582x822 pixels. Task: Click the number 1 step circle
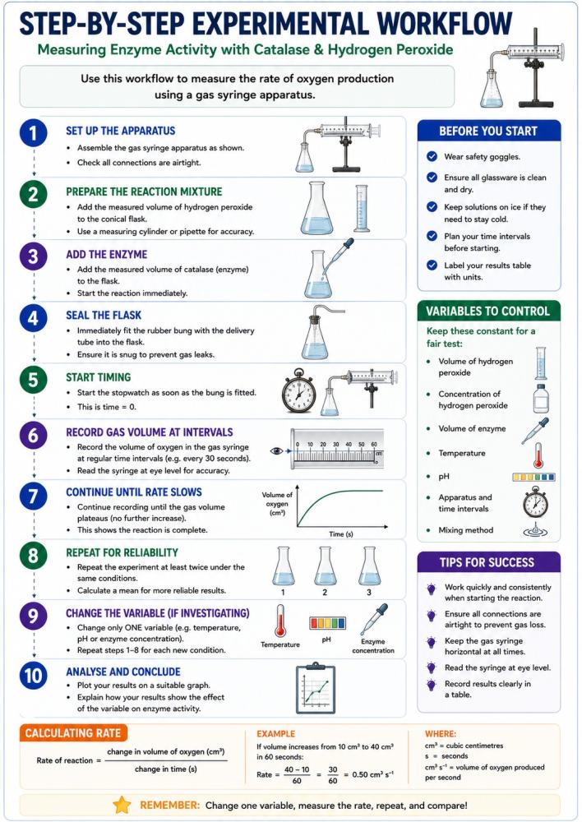[x=34, y=132]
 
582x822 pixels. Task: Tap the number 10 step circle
[x=34, y=676]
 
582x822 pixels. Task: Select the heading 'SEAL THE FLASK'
[x=104, y=315]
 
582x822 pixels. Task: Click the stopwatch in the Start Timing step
[x=299, y=391]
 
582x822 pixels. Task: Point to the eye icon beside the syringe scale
[x=276, y=450]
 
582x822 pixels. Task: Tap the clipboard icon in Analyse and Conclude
[x=316, y=690]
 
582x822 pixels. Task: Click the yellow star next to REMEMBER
[x=122, y=805]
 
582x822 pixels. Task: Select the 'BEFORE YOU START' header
[x=488, y=131]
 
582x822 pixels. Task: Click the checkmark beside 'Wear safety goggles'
[x=432, y=156]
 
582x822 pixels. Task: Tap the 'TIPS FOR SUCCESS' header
[x=488, y=562]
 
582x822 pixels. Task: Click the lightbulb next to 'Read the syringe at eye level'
[x=432, y=667]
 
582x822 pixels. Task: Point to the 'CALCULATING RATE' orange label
[x=73, y=733]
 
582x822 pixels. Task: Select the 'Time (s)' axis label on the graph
[x=341, y=533]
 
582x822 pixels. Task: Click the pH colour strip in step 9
[x=327, y=623]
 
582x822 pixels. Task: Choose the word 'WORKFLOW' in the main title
[x=445, y=24]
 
